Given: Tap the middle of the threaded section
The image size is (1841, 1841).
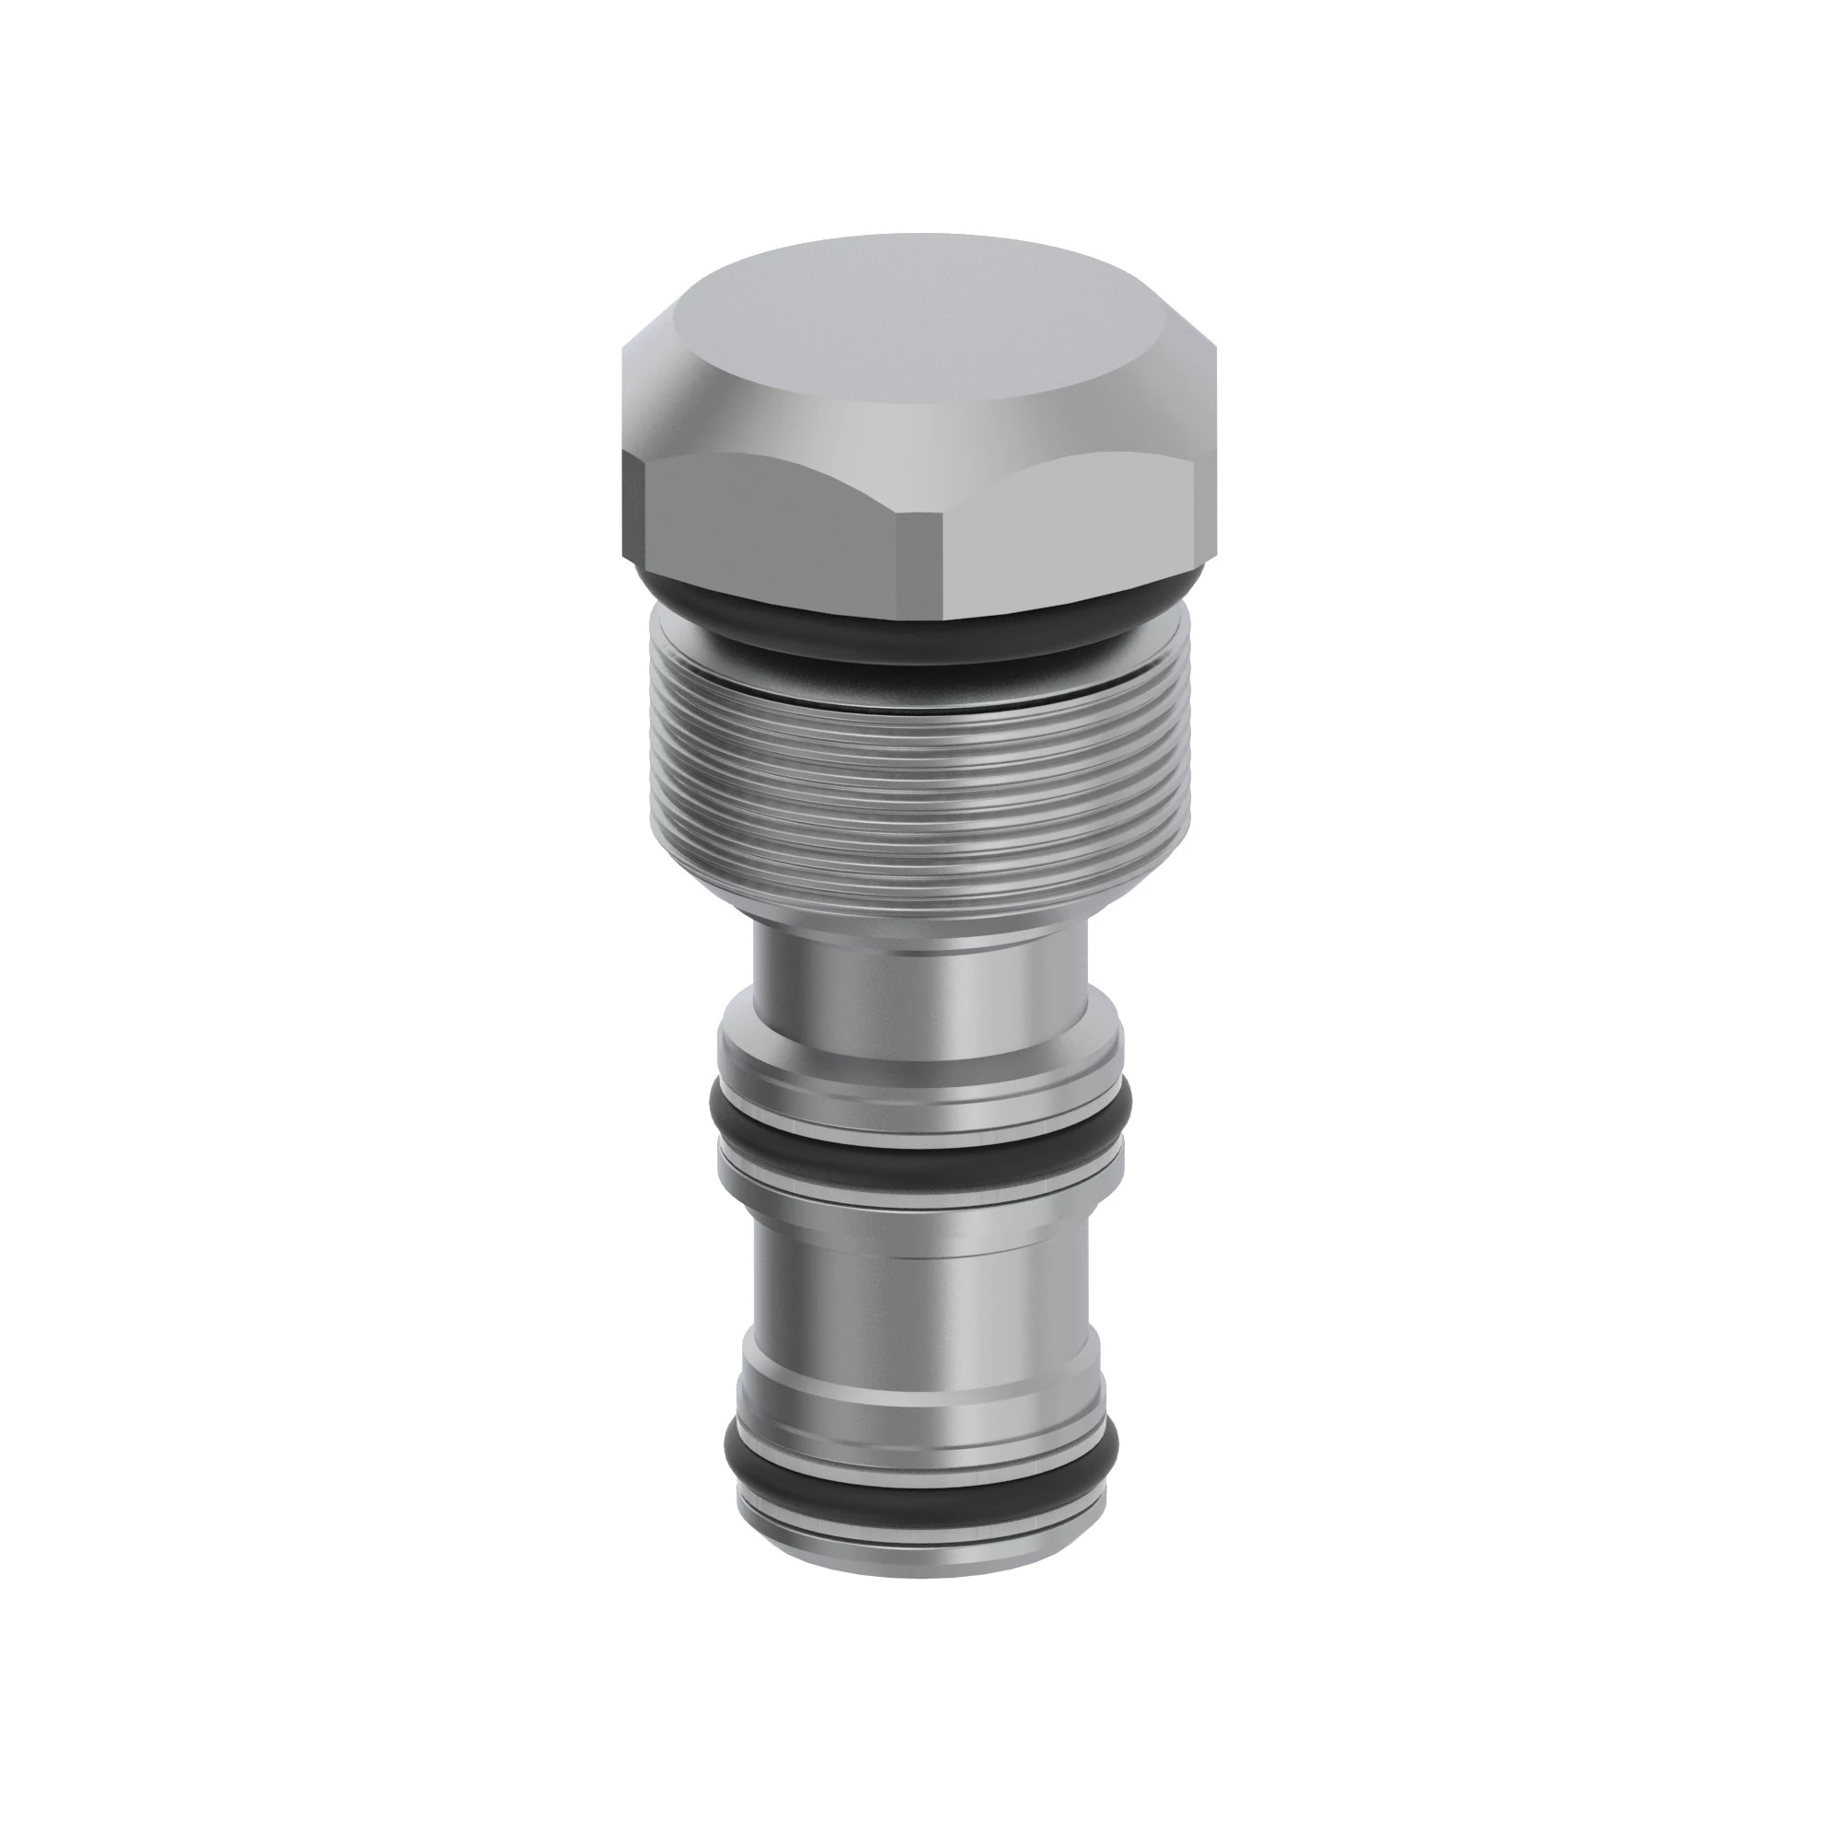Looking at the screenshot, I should (x=920, y=782).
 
